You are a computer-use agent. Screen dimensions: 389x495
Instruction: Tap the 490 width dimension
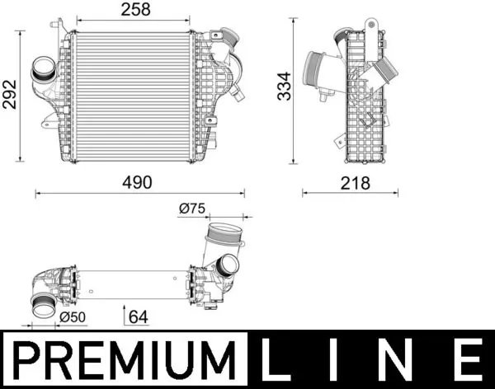[x=137, y=182]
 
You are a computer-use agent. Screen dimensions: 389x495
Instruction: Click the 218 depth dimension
[x=351, y=182]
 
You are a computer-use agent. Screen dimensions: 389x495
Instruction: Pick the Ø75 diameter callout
[x=191, y=209]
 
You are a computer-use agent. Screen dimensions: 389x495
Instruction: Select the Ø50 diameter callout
[x=73, y=316]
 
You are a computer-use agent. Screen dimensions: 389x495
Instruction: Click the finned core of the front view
[x=131, y=95]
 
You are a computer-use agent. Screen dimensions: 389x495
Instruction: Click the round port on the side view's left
[x=317, y=68]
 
